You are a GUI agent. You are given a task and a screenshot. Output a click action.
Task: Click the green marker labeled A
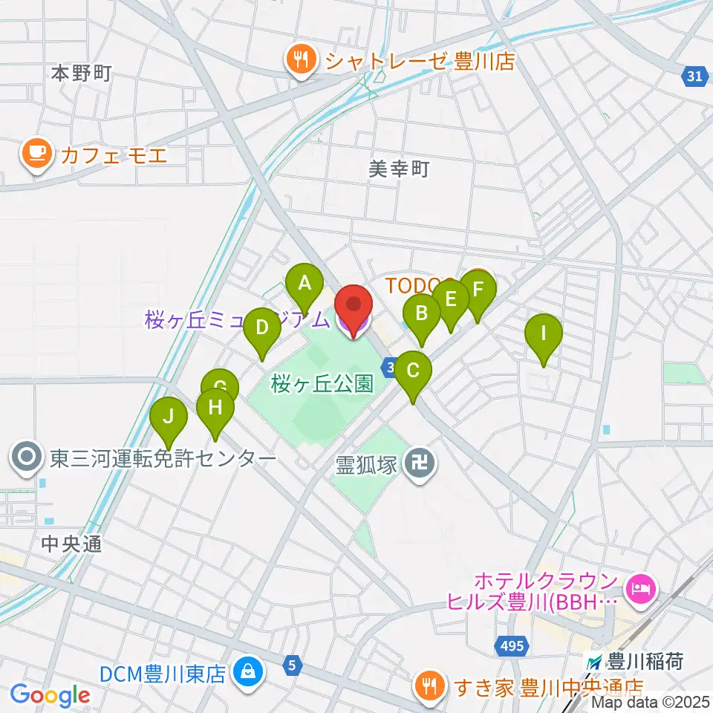pos(304,282)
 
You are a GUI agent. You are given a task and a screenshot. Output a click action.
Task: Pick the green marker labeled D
pos(261,327)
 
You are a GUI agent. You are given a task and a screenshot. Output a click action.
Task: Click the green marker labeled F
pos(478,288)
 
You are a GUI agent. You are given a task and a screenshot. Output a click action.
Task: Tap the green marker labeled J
pos(169,416)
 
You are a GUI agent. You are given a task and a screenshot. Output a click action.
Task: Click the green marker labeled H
pos(215,407)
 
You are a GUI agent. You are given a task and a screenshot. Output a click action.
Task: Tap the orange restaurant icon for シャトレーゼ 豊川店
pos(302,59)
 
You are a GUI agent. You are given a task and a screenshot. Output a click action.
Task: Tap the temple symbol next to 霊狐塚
pos(420,466)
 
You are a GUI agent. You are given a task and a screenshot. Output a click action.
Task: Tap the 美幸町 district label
pos(400,170)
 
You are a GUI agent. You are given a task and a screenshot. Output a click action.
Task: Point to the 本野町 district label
pos(82,73)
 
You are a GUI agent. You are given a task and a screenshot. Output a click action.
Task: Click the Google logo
pos(51,695)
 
